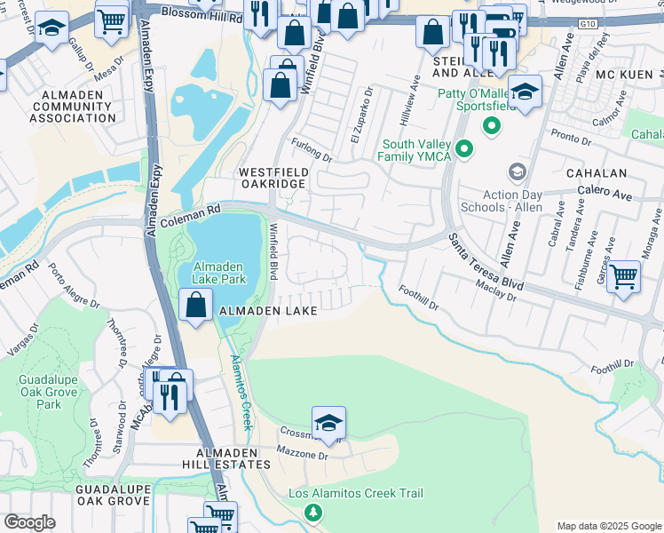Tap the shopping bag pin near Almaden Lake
(194, 306)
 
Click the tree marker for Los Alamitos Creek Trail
(312, 512)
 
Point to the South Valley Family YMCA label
(416, 151)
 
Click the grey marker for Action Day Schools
(515, 171)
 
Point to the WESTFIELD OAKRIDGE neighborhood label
(271, 176)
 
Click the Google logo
(28, 522)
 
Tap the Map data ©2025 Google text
(608, 526)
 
